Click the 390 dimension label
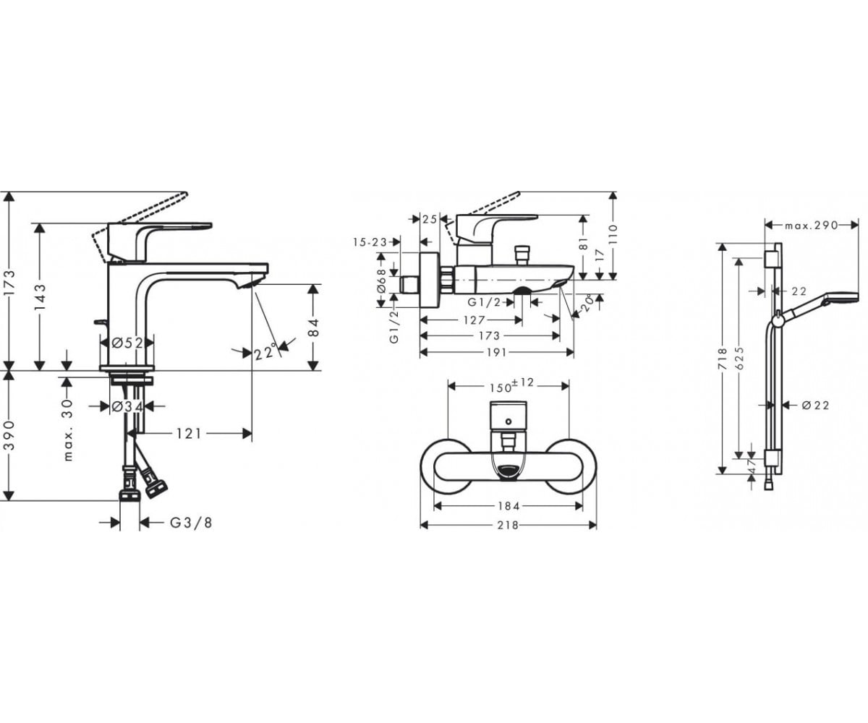[10, 435]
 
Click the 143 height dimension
[41, 297]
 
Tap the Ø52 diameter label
[128, 343]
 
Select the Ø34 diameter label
[127, 406]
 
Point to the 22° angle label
[265, 351]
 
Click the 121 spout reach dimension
[189, 434]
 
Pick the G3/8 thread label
[191, 523]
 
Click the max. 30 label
[69, 430]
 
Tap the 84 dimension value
[314, 327]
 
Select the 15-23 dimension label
[370, 241]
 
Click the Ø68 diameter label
[381, 281]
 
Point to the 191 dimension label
[496, 353]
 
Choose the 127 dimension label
[475, 320]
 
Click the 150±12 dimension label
[511, 385]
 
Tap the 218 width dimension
[508, 526]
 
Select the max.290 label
[812, 226]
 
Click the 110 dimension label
[613, 234]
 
